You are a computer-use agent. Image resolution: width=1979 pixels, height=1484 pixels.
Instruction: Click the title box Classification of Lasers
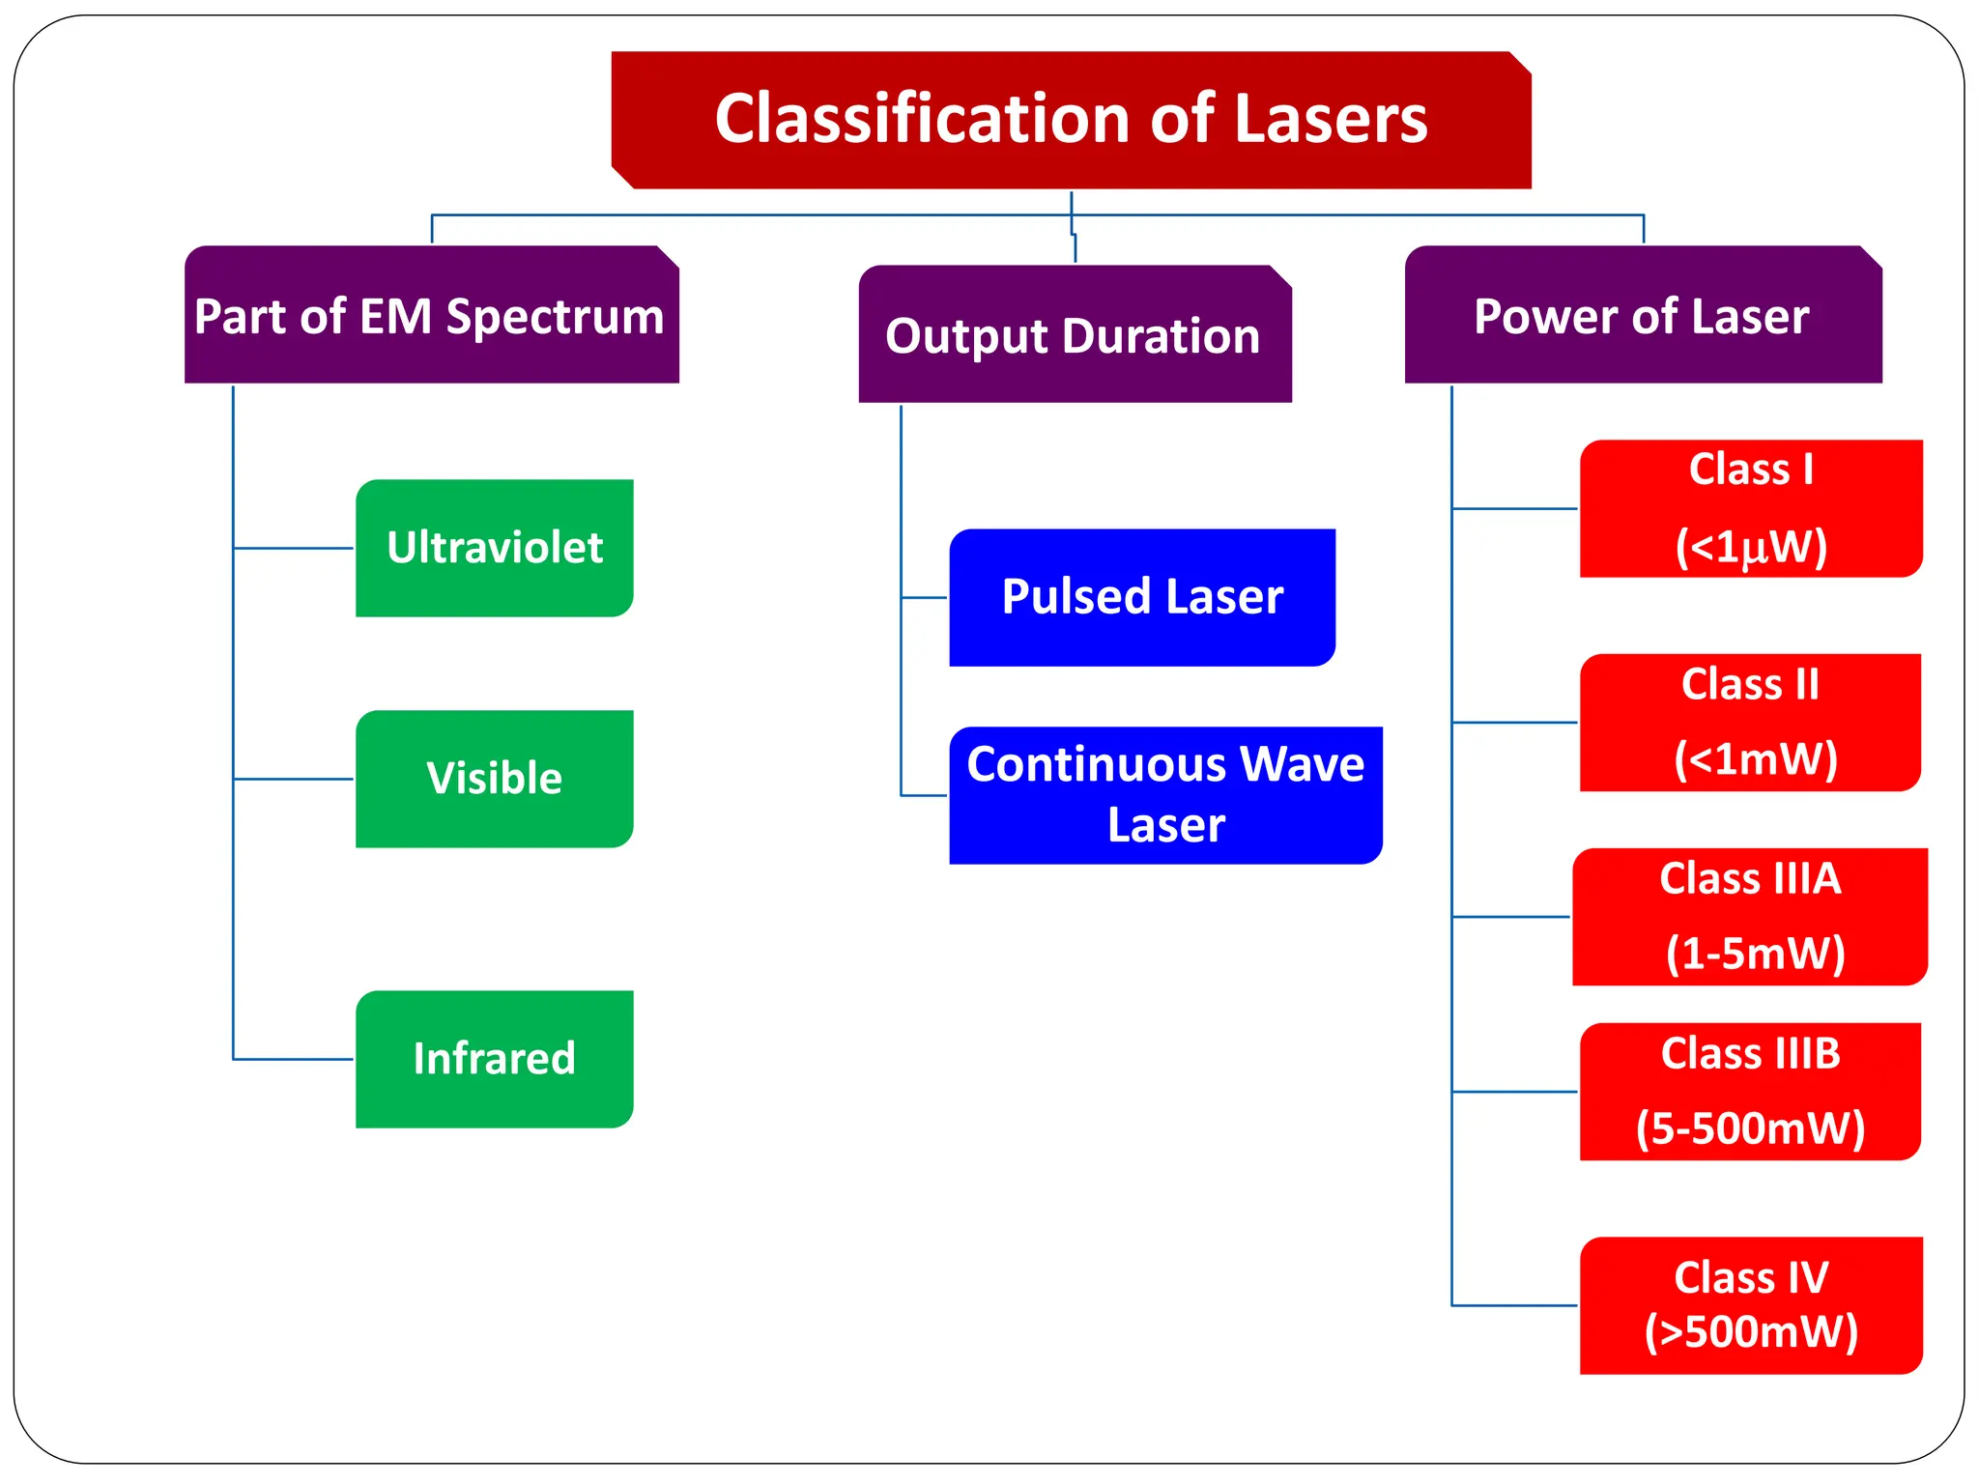click(x=1071, y=120)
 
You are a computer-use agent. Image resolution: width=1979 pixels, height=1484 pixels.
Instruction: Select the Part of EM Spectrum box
click(x=431, y=315)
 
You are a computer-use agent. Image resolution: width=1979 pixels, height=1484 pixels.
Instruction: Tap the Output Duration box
click(x=1075, y=334)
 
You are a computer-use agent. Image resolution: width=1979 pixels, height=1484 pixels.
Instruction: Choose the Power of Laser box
click(x=1643, y=315)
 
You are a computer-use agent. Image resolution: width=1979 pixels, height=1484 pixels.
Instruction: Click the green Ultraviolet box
click(x=494, y=548)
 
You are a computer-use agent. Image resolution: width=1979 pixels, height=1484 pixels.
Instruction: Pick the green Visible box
click(x=494, y=779)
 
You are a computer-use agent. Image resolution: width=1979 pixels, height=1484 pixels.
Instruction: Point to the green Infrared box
click(x=494, y=1059)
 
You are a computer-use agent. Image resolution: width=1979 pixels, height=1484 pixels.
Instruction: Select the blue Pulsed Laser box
click(x=1142, y=597)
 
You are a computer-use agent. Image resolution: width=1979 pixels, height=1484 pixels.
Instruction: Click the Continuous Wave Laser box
click(x=1165, y=795)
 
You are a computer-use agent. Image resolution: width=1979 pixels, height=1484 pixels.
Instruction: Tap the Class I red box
click(x=1750, y=508)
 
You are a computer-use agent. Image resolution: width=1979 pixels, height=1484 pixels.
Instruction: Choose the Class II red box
click(x=1750, y=723)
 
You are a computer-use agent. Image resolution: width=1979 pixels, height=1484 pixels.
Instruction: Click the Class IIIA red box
click(x=1750, y=917)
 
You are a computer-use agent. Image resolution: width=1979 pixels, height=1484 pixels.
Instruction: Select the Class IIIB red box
click(x=1750, y=1092)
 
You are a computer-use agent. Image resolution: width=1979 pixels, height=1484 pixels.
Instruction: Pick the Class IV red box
click(x=1750, y=1305)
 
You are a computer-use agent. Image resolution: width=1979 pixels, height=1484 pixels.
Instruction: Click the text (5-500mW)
click(x=1750, y=1128)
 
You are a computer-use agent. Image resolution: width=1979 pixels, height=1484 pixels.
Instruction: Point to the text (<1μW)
click(x=1750, y=547)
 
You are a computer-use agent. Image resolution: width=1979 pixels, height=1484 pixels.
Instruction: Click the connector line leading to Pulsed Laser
click(x=925, y=598)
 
